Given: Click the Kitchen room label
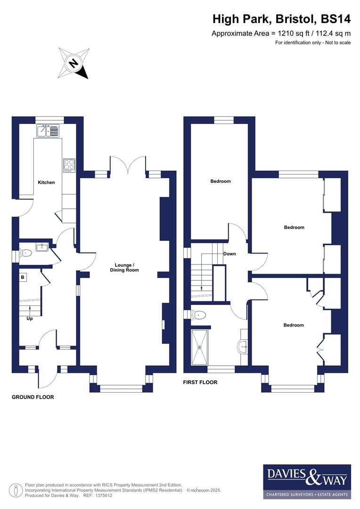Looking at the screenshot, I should click(x=46, y=182).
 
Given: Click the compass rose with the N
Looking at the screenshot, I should click(x=73, y=63).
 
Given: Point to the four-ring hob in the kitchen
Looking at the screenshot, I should click(x=69, y=165).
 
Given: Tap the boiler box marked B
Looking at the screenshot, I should click(x=22, y=278).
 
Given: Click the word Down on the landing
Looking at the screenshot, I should click(x=229, y=254).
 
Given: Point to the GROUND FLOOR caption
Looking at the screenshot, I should click(x=33, y=397).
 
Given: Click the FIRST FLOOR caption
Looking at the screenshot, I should click(x=200, y=382).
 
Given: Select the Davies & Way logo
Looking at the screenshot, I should click(x=307, y=481).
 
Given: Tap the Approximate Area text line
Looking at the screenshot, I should click(x=281, y=33).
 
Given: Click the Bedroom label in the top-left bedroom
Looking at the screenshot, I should click(x=221, y=181).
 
